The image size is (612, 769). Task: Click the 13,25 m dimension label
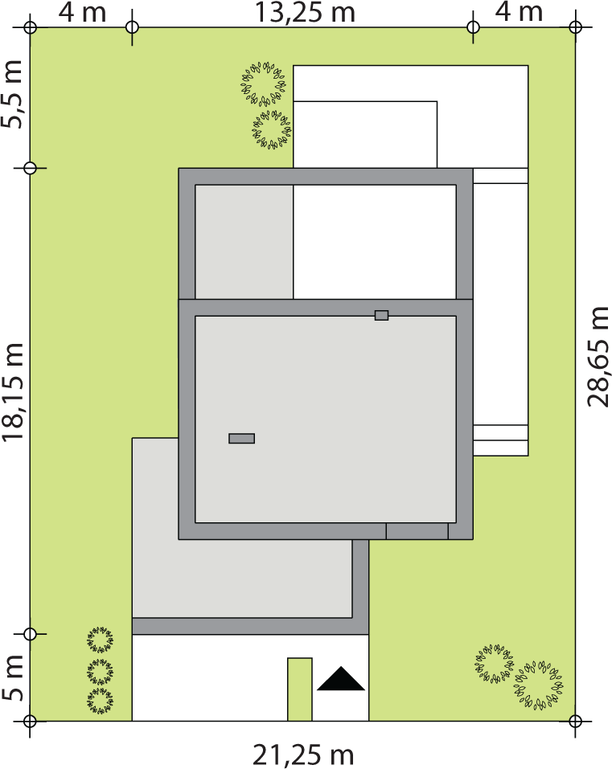tap(305, 12)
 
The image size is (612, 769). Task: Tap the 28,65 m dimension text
tap(598, 357)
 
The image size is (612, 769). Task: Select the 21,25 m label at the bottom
tap(303, 755)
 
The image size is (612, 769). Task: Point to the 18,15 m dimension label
tap(13, 392)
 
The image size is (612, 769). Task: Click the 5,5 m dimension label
tap(13, 94)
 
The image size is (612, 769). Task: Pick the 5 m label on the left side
tap(13, 677)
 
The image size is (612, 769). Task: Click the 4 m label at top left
tap(82, 12)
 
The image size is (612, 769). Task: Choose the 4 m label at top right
tap(519, 12)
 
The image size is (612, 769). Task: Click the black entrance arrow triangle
tap(341, 679)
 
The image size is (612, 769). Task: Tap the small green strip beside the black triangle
tap(299, 689)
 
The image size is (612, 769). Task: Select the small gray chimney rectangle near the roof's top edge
tap(381, 315)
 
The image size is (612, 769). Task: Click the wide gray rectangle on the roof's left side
tap(241, 439)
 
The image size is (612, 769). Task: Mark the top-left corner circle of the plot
tap(31, 27)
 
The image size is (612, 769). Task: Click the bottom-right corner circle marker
tap(575, 721)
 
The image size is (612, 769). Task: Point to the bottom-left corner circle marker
tap(31, 721)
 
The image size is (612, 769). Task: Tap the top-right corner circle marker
tap(575, 27)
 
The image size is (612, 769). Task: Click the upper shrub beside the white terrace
tap(264, 84)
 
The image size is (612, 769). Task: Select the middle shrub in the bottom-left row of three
tap(100, 672)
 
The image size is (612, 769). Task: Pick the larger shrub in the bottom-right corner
tap(538, 685)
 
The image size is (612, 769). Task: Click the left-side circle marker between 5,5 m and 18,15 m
tap(31, 168)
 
